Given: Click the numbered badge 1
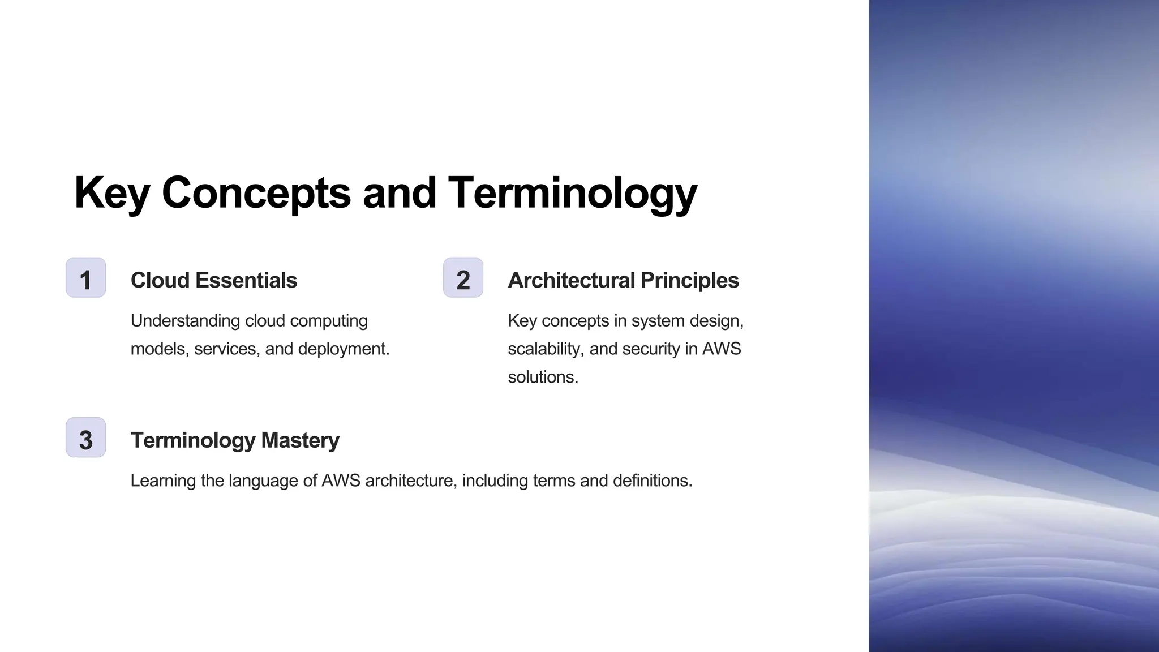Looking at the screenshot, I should coord(86,278).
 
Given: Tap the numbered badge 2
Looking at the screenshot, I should coord(463,278).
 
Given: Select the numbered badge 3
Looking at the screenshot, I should coord(86,437).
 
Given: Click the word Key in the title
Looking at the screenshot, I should coord(111,194).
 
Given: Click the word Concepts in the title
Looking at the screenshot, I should coord(256,194).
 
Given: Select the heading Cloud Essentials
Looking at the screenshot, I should coord(213,280).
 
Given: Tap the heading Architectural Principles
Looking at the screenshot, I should coord(623,280).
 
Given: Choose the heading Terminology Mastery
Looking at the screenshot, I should coord(235,440).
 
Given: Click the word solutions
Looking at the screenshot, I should coord(543,377).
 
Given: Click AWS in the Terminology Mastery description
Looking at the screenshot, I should coord(341,481).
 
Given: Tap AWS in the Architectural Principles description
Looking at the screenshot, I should coord(722,349).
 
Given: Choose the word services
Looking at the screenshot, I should coord(227,349).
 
